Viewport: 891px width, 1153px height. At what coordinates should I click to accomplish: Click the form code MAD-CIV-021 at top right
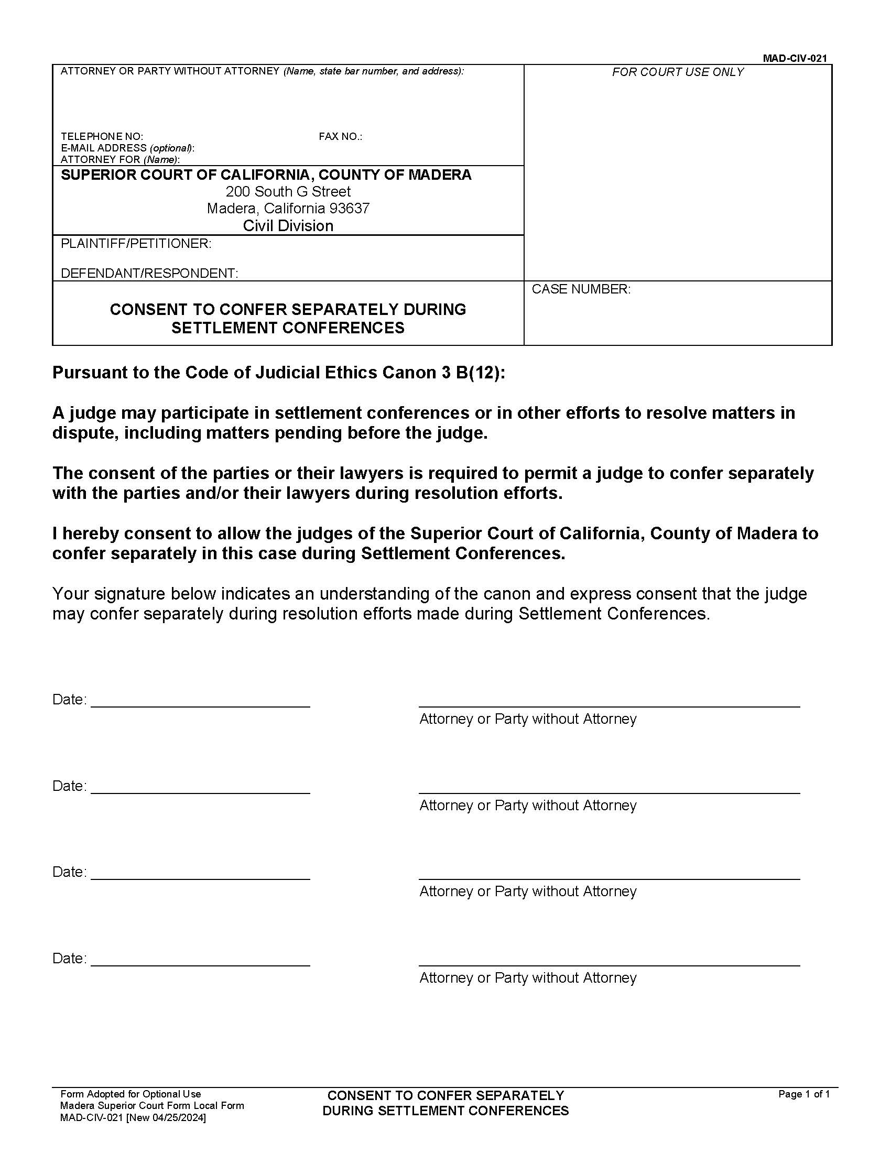point(795,59)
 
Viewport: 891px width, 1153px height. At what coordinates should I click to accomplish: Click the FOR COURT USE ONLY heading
point(678,72)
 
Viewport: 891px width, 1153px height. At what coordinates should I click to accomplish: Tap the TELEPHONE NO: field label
point(102,137)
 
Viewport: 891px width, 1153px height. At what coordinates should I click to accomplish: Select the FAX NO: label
point(341,137)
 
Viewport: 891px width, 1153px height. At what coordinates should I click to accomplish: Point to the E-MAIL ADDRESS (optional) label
point(127,148)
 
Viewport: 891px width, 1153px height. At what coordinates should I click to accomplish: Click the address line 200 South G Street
point(288,192)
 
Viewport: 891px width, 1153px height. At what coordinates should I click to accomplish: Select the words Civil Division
point(288,226)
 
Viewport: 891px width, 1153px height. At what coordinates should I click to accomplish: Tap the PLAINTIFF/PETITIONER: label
point(136,244)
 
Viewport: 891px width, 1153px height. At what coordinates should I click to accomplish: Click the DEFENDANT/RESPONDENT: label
point(149,274)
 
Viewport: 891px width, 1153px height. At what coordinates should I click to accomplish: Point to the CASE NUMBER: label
point(581,289)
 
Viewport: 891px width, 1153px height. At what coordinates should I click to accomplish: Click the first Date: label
point(69,700)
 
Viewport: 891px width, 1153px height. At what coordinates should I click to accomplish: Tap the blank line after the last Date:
point(201,965)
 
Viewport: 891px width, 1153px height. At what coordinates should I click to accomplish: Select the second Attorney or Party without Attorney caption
point(528,806)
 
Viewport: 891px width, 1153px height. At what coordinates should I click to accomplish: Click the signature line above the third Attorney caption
point(609,879)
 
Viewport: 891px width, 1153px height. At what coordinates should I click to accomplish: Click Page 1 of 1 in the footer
point(804,1094)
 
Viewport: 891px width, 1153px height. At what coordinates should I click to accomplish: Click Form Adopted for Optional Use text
point(131,1094)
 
